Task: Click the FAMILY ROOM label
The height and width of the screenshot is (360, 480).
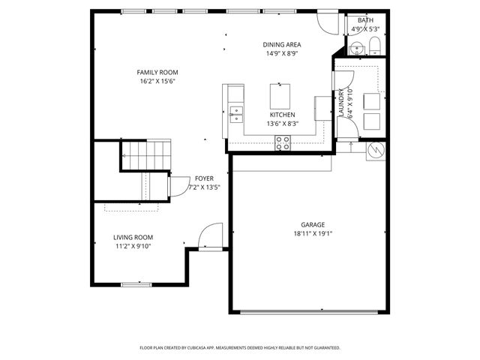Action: pos(157,72)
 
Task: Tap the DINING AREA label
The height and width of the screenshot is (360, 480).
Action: pos(283,44)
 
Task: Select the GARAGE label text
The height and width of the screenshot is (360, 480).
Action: pos(313,224)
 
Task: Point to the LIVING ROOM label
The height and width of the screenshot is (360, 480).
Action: pos(133,237)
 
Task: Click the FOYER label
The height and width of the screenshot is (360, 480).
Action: pos(204,178)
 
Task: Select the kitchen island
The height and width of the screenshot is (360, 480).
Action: pos(280,97)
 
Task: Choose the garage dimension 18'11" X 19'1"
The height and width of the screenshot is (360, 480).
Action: pos(313,233)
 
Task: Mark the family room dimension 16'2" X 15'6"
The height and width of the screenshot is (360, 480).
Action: pos(157,81)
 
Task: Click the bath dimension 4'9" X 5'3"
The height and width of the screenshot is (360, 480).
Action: pos(366,29)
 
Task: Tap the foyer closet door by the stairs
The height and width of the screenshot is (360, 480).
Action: pos(178,185)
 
